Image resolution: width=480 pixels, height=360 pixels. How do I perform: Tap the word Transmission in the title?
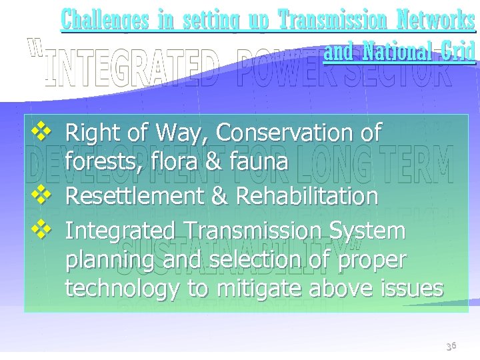[x=330, y=21]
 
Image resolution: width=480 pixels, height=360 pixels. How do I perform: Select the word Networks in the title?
[x=433, y=21]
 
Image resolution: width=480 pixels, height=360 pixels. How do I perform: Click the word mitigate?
[x=255, y=289]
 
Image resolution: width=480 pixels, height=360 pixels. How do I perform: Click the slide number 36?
[x=451, y=346]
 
